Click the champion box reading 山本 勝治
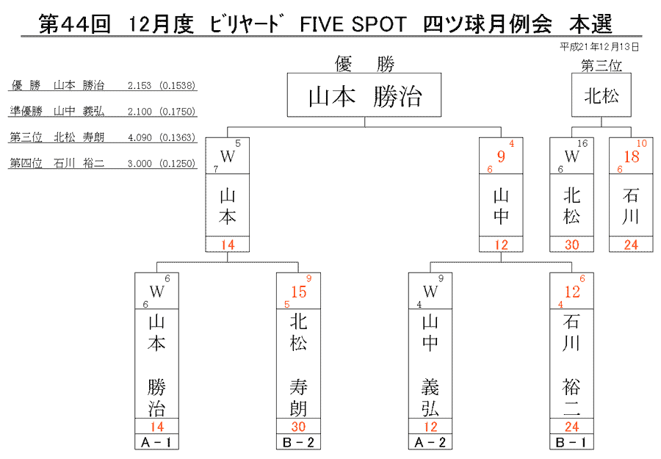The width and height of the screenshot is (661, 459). coord(364,95)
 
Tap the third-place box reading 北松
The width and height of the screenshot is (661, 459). coord(601,95)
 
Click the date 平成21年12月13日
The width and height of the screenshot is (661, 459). coord(599,47)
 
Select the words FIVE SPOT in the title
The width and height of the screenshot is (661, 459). coord(353,24)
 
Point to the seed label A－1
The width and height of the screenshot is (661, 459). coord(156,443)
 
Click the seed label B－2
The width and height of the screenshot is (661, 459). coord(298,443)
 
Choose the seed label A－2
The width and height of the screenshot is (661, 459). coord(430,443)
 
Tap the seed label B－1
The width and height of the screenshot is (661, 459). coord(571,443)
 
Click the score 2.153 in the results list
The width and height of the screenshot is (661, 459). coord(140,86)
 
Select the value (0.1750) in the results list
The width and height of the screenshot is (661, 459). coord(178,112)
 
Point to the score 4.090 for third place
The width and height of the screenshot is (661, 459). coord(140,137)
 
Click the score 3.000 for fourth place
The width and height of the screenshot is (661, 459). coord(140,164)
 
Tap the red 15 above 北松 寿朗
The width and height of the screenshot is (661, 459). coord(298,292)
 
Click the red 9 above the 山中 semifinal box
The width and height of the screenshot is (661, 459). coord(501,156)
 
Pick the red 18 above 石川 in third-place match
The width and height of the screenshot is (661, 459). coord(631,156)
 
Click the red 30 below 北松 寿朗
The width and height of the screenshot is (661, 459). coord(298,427)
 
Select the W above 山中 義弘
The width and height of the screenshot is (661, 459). coord(430,292)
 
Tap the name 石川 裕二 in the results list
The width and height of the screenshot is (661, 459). coord(79,164)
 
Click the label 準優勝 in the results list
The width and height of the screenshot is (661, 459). coord(26,112)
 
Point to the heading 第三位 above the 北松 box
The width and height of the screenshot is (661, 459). coord(601,65)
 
